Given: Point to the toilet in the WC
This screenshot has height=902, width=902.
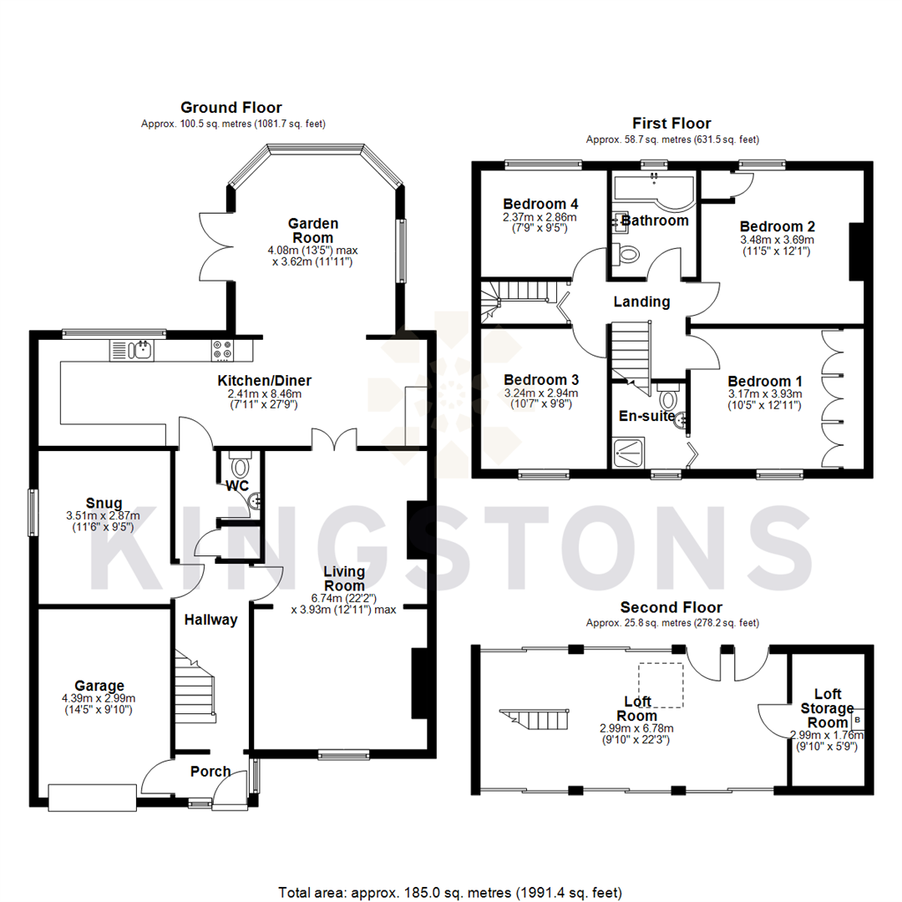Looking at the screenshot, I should coord(241,465).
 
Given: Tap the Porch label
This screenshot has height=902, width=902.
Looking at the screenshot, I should coord(210,771).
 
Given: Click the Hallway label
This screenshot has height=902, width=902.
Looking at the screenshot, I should coord(211,620).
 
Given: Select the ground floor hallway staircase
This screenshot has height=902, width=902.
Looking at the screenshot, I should coord(195,685).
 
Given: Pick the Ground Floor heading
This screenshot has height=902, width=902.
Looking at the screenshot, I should coord(231,107).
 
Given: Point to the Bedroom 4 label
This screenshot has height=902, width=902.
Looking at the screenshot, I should coord(540,203).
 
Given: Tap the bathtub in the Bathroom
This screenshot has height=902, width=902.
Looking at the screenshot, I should coord(653,191).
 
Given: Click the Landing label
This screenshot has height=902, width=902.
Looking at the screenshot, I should coord(641,302).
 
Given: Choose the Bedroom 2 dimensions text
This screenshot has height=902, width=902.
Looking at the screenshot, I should coord(777,244).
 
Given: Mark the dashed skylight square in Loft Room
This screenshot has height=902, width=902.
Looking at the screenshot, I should coord(661,678).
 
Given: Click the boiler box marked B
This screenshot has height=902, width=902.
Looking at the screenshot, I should coord(859,719).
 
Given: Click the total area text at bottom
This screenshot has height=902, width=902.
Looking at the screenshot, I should coord(451,893).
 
